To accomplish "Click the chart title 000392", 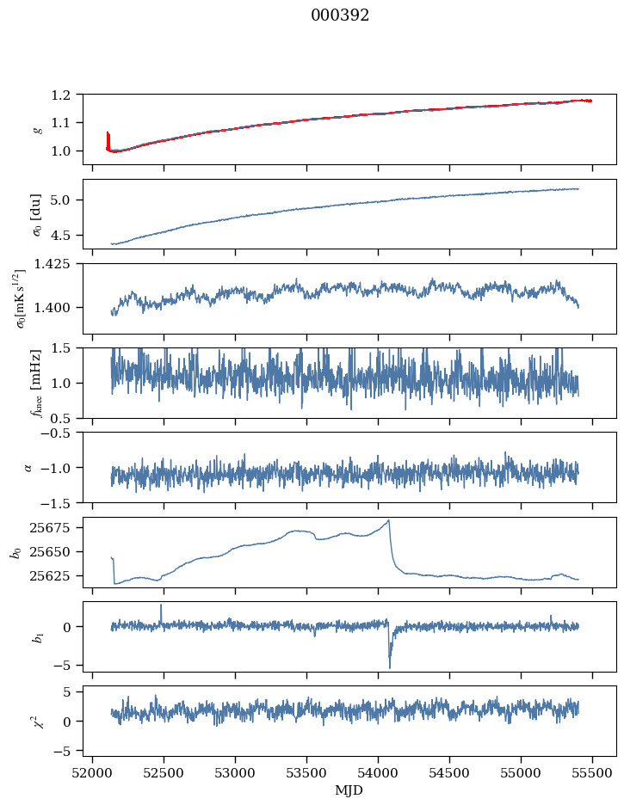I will tap(340, 15).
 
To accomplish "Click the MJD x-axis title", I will tap(349, 790).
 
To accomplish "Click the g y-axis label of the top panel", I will tap(37, 129).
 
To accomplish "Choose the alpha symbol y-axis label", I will tap(28, 467).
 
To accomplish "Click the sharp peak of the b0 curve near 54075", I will tap(389, 520).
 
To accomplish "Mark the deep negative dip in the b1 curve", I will tap(389, 667).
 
